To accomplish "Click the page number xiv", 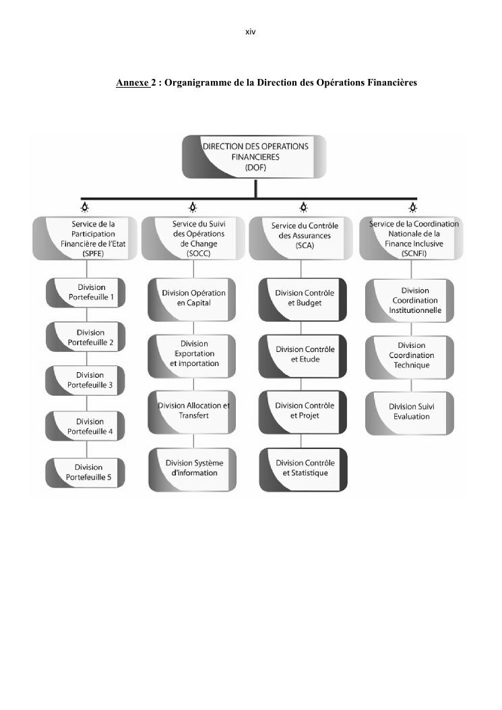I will click(x=251, y=32).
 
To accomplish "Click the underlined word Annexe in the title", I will click(x=132, y=83).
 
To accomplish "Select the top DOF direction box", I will click(x=255, y=156).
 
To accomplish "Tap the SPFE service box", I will click(x=86, y=238).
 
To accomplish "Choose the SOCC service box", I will click(x=193, y=238).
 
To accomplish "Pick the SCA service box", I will click(x=304, y=238).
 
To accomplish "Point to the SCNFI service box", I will click(x=413, y=238).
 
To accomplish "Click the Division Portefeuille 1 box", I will click(x=86, y=293).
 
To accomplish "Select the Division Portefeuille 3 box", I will click(x=86, y=380).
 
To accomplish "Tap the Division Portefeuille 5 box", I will click(x=86, y=472).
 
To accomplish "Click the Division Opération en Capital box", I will click(x=193, y=299).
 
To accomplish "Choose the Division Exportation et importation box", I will click(x=193, y=354).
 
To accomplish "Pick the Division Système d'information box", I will click(x=193, y=469).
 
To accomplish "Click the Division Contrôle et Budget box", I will click(x=304, y=299).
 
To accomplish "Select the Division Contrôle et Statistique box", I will click(x=304, y=469).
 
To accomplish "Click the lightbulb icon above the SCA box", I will click(x=304, y=206).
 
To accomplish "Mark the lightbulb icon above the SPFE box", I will click(x=85, y=206).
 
